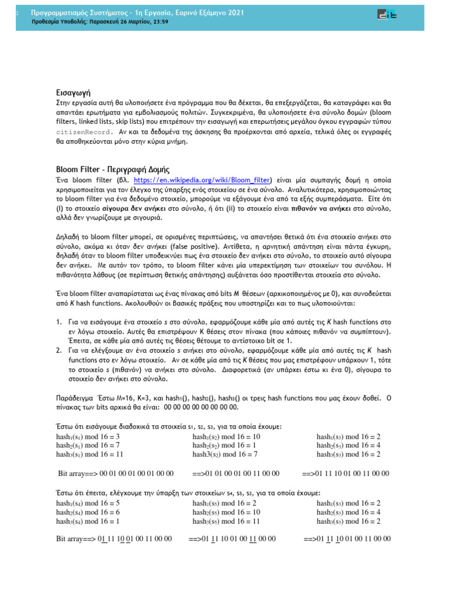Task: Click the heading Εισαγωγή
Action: (73, 92)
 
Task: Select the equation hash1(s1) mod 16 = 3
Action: (88, 437)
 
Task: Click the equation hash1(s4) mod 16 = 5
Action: (88, 503)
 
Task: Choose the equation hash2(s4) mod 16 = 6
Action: (88, 512)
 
